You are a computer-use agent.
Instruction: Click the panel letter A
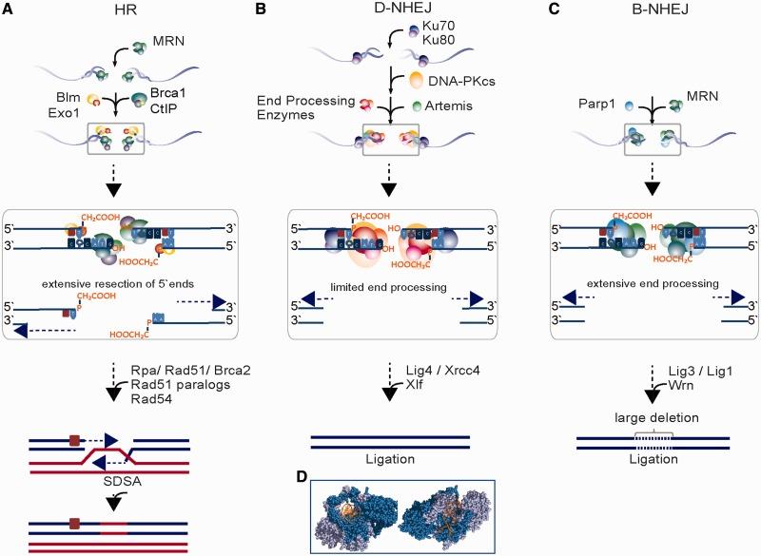(x=10, y=10)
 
